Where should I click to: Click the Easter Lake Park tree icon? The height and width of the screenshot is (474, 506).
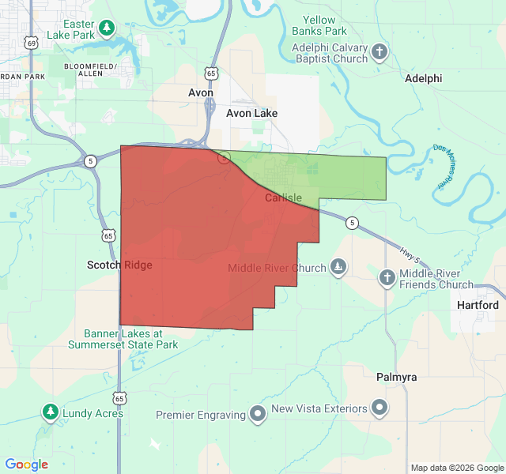107,29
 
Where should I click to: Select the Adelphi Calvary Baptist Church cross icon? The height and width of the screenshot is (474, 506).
379,53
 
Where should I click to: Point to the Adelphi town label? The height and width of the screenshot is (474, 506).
423,79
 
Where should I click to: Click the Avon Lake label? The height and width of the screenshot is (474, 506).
251,113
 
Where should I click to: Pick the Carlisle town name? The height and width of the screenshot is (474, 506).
284,197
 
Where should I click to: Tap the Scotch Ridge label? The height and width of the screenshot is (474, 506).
119,265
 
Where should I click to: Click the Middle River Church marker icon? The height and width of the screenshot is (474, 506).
338,267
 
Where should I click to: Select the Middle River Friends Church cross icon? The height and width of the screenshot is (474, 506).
387,277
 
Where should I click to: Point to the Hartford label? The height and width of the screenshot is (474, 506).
478,305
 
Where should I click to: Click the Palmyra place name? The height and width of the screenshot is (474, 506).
396,378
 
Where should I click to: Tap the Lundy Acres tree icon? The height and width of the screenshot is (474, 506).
51,412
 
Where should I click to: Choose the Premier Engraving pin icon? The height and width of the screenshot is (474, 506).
257,414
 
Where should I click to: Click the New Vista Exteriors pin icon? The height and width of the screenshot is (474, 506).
380,408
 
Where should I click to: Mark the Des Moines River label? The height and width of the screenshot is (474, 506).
444,166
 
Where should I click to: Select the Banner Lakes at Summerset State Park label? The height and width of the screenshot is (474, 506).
123,339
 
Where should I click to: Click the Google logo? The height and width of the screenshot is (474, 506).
27,465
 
